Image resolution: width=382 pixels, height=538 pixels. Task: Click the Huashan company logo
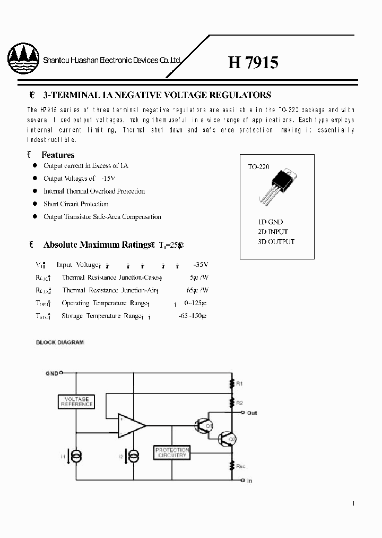point(23,61)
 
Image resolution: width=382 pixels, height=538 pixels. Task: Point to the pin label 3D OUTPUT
point(275,241)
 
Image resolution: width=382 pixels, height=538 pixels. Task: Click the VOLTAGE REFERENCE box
point(76,401)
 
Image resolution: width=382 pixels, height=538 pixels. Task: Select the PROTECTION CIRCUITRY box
point(171,453)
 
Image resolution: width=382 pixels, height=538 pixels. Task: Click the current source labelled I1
point(77,456)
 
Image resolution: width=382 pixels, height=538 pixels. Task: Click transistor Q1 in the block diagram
point(203,425)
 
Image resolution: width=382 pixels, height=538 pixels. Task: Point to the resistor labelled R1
point(232,383)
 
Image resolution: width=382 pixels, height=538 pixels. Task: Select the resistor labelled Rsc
point(232,465)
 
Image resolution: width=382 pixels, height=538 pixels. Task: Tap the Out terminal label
point(252,413)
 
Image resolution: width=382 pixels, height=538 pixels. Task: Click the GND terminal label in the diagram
point(51,373)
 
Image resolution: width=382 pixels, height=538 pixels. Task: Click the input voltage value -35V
point(201,264)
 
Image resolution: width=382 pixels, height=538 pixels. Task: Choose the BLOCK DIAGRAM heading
point(60,342)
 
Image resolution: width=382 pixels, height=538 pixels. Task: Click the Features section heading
point(58,155)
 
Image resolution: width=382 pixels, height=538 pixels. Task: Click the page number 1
point(353,503)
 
